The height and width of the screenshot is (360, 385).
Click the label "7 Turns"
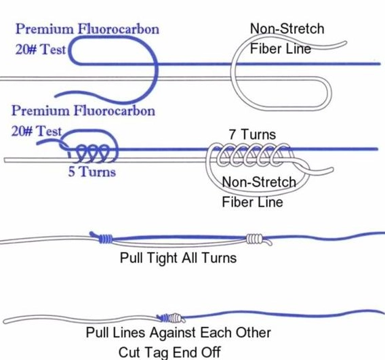(x=252, y=134)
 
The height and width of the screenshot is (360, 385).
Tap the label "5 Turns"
(x=92, y=172)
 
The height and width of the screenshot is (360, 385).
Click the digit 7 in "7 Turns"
(x=232, y=134)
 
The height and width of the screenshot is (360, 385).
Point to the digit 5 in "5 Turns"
(x=71, y=172)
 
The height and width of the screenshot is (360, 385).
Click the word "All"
(x=192, y=258)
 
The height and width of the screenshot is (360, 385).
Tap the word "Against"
(x=173, y=334)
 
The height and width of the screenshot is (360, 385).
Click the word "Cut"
(x=127, y=352)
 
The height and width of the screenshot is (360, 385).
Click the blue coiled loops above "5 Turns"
(x=92, y=153)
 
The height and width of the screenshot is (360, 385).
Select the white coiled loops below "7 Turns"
(x=253, y=155)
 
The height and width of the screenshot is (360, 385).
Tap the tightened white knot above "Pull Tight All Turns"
(x=256, y=239)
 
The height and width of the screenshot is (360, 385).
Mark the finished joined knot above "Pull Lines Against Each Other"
(x=171, y=318)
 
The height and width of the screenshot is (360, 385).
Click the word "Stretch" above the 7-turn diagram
(x=302, y=28)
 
